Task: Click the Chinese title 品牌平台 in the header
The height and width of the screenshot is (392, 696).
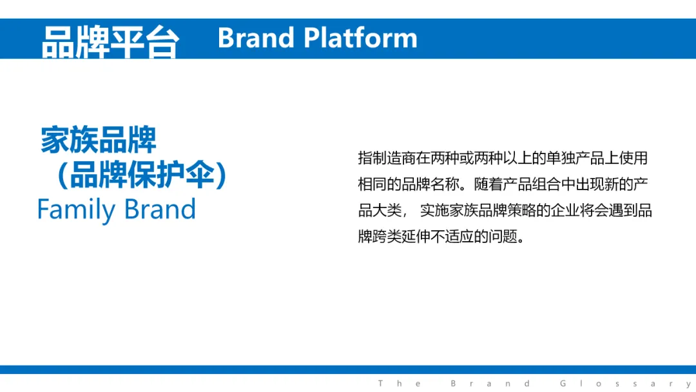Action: coord(110,42)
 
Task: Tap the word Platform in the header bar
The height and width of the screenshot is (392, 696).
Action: coord(360,38)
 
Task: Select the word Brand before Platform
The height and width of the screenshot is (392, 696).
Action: coord(256,38)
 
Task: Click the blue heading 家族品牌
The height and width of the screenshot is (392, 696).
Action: coord(99,140)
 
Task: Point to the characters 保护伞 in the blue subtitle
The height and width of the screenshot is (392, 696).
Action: coord(171,175)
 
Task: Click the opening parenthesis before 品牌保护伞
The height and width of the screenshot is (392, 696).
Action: coord(63,175)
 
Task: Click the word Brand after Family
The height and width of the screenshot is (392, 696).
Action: coord(160,209)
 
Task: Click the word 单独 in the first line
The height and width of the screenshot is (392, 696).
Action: coord(561,158)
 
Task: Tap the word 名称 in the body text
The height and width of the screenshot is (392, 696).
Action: coord(445,184)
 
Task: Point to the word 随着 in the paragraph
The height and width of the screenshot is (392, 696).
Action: coord(488,184)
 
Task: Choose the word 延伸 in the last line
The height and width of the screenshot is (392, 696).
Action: coord(416,237)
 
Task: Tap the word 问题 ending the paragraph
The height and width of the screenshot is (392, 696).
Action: coord(503,237)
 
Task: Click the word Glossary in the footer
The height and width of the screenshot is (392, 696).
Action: coord(625,384)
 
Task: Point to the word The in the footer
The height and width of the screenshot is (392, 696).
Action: coord(400,384)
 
